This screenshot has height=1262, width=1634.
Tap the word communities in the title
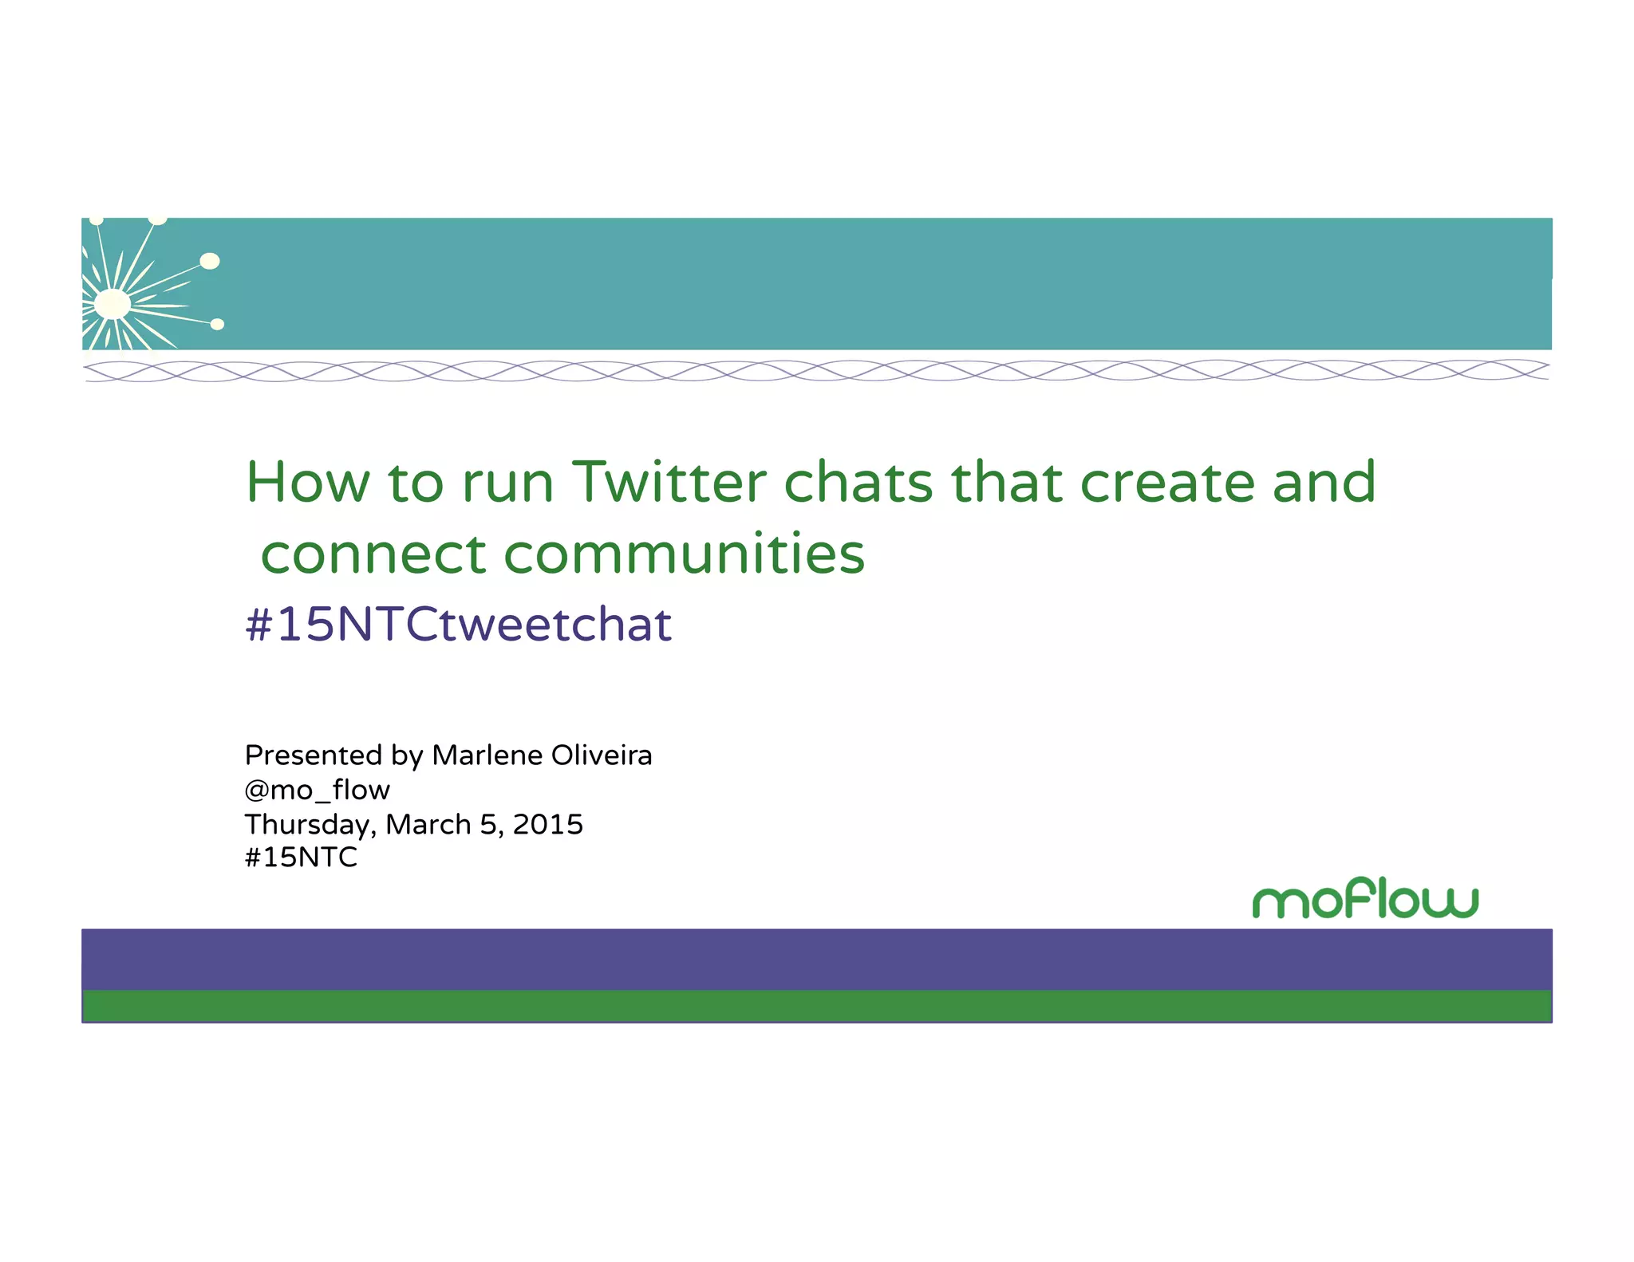[x=685, y=554]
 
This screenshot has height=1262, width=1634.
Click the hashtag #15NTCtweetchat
[x=458, y=624]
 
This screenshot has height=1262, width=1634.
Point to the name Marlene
[x=487, y=755]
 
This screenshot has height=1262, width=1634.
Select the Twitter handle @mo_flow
[x=317, y=790]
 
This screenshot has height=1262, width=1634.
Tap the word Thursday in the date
[x=309, y=825]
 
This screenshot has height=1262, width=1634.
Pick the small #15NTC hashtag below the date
[x=301, y=858]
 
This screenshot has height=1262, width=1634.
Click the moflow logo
[x=1364, y=899]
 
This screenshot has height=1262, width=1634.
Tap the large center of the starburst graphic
[x=112, y=304]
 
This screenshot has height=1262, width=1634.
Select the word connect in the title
[x=373, y=554]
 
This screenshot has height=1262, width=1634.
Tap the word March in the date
[x=428, y=824]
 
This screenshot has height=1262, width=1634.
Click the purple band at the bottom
[x=817, y=959]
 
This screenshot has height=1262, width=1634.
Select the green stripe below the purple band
[x=817, y=1005]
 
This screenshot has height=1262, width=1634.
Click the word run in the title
[x=508, y=483]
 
